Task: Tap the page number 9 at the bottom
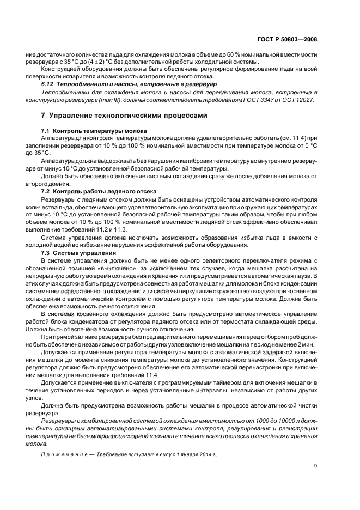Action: click(x=315, y=465)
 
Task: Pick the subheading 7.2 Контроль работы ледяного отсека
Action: click(x=100, y=191)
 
